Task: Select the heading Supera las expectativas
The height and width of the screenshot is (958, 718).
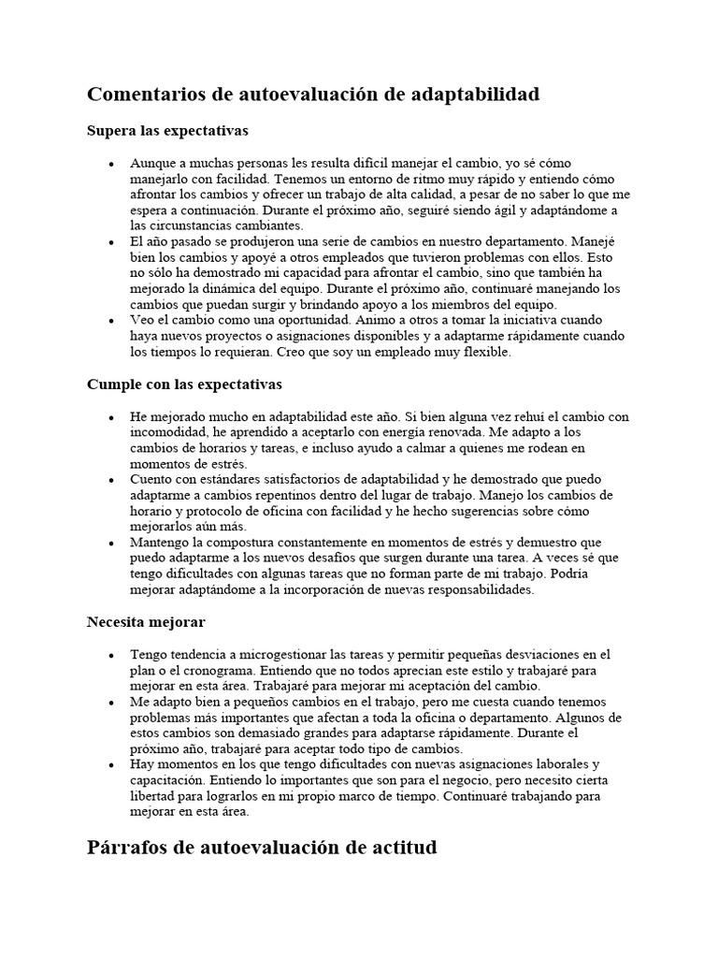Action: (167, 130)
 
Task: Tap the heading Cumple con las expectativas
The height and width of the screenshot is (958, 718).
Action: (184, 385)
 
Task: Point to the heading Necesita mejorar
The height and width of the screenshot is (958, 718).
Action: (146, 621)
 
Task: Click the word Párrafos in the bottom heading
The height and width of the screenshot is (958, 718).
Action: (128, 849)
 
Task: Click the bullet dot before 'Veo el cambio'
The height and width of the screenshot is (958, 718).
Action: (111, 321)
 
